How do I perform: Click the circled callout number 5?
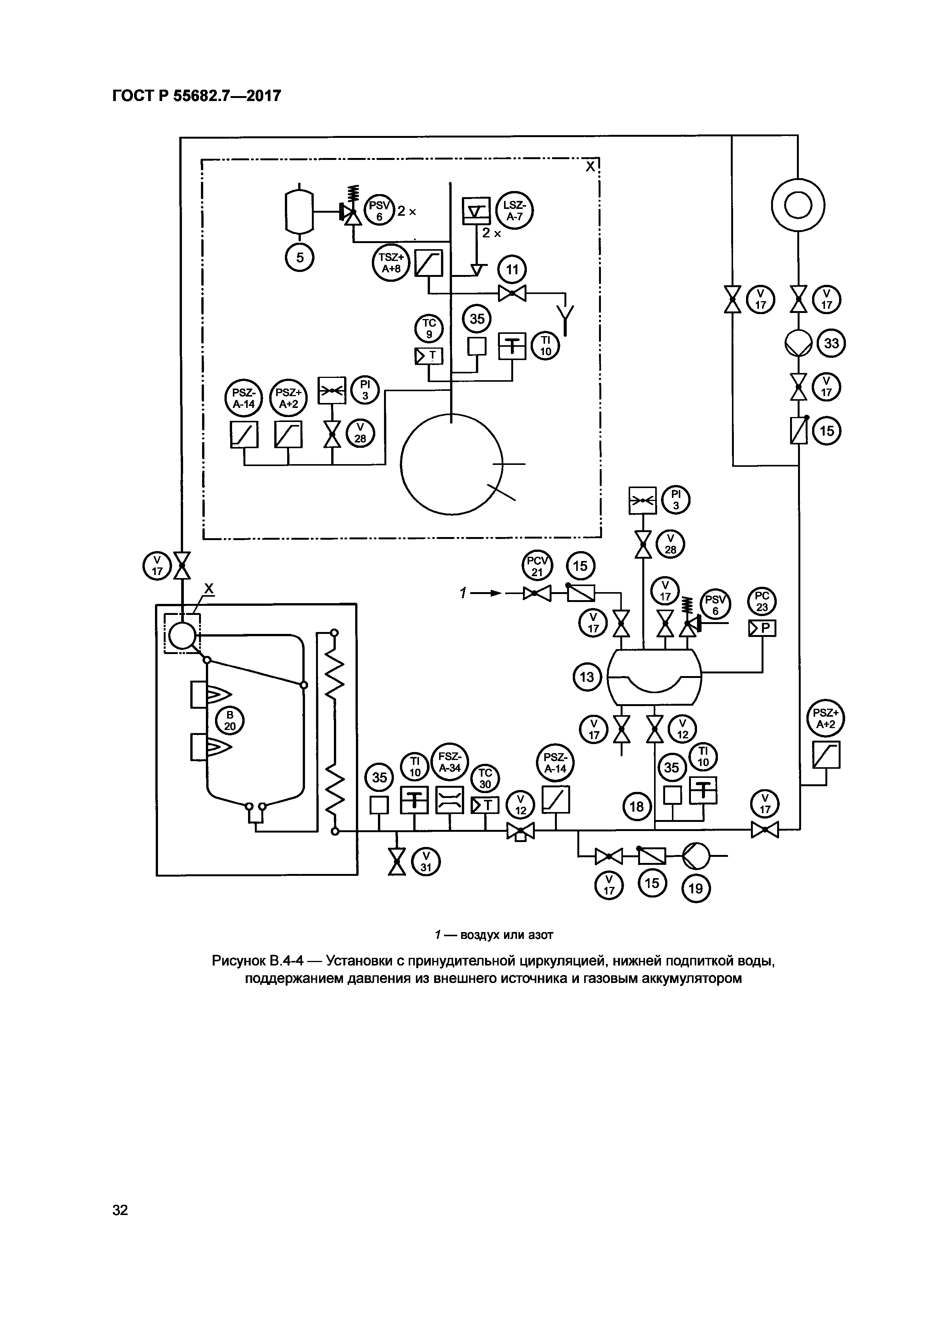pos(300,257)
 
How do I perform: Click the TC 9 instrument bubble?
pos(429,329)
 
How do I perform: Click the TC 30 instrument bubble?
pos(485,779)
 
